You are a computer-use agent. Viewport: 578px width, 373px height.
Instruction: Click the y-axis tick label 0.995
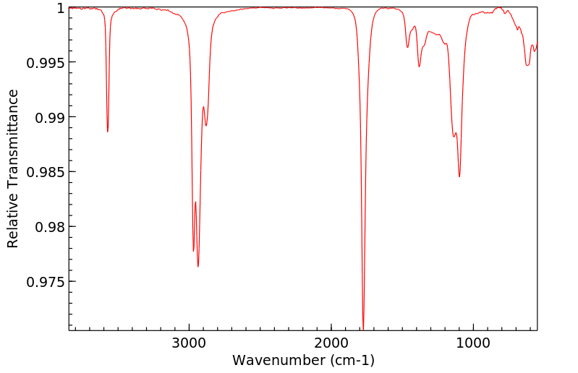(45, 62)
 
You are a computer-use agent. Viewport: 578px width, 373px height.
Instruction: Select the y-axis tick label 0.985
(45, 172)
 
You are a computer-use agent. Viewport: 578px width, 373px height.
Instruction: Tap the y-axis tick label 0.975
(45, 281)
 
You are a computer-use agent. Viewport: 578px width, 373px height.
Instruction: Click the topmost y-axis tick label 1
(61, 8)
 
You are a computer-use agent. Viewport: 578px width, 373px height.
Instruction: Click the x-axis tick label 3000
(190, 342)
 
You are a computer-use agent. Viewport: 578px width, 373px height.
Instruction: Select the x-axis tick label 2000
(331, 342)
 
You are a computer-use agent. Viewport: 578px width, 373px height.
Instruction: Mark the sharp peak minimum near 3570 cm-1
(108, 132)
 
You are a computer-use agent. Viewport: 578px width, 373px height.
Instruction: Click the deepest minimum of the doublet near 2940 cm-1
(197, 267)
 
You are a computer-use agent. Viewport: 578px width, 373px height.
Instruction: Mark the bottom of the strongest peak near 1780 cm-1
(363, 328)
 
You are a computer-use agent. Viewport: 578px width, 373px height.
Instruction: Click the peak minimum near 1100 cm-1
(459, 176)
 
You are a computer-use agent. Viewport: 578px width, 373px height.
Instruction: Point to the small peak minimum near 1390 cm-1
(419, 67)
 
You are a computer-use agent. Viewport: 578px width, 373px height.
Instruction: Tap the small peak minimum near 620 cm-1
(527, 65)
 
